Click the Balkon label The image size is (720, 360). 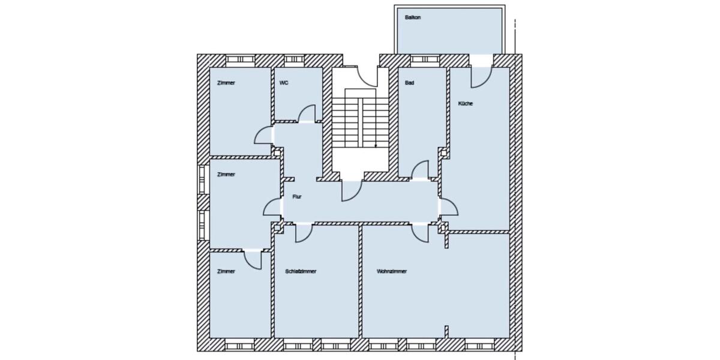413,17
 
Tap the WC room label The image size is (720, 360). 284,83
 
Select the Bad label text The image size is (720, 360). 409,83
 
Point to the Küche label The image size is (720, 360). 466,104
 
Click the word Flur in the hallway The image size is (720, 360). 296,196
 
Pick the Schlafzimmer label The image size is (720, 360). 301,271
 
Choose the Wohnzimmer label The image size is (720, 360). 392,271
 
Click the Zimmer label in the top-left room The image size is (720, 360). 226,83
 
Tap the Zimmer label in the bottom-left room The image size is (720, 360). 226,271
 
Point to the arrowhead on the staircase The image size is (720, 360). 376,146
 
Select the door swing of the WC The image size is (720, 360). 307,114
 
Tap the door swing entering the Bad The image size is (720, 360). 421,170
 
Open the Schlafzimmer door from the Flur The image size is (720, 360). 304,233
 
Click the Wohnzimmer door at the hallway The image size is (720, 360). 419,233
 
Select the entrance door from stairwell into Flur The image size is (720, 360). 350,190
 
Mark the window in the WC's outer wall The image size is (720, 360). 293,60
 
